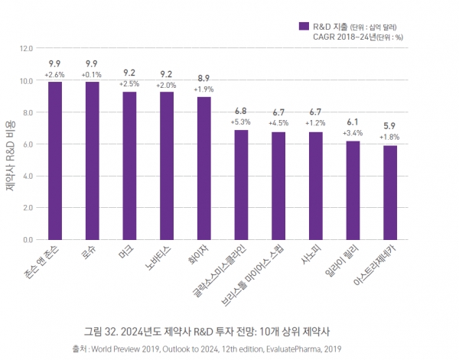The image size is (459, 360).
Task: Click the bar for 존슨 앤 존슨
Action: coord(55,161)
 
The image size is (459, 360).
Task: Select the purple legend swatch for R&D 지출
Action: coord(304,25)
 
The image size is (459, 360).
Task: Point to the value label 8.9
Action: coord(204,78)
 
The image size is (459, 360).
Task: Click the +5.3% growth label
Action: coord(241,122)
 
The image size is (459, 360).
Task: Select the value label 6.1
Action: coord(353,122)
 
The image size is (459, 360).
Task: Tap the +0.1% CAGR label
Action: coord(92,74)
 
